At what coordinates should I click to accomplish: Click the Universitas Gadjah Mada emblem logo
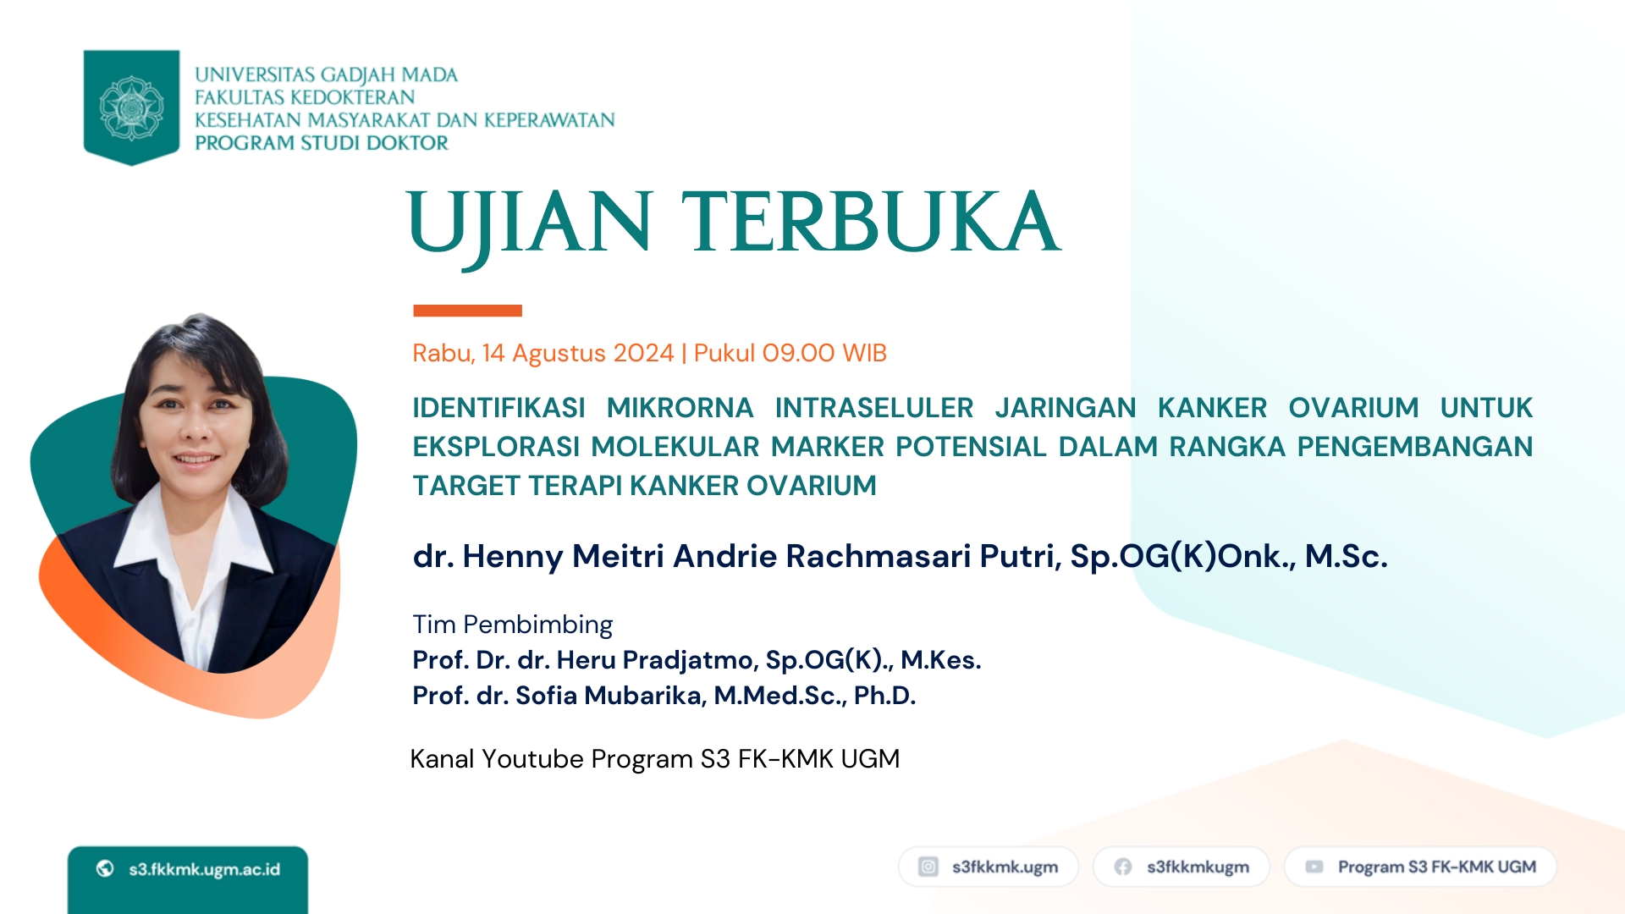131,107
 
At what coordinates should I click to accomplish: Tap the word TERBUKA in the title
871,222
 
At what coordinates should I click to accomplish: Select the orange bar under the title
467,311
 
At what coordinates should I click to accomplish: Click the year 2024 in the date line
643,353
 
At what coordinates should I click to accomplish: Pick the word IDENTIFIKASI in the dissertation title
499,408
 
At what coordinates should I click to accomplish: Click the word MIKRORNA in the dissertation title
680,408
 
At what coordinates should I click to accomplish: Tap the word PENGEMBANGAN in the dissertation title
1415,447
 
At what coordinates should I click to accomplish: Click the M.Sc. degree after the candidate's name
1346,556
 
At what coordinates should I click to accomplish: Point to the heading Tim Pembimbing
512,625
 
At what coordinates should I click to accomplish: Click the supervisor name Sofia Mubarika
609,696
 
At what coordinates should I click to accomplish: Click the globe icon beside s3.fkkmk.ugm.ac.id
105,868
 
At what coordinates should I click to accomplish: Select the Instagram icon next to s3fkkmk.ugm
928,867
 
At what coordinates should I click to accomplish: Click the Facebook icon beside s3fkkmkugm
1123,867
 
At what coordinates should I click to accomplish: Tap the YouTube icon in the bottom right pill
1314,867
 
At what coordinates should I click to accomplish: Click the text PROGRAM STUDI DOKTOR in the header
322,143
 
